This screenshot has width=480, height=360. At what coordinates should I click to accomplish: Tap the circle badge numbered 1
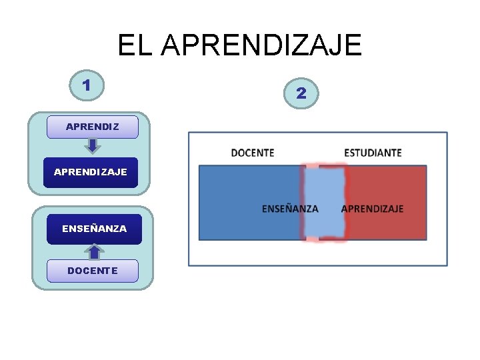coord(87,85)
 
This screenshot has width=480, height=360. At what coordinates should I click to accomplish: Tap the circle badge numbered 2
coord(301,93)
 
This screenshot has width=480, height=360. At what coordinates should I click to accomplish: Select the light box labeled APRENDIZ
coord(93,127)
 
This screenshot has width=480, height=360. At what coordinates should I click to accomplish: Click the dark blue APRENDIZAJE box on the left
coord(91,172)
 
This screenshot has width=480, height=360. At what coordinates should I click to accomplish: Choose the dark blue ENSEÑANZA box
coord(94,229)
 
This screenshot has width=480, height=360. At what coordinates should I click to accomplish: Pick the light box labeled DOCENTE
coord(93,271)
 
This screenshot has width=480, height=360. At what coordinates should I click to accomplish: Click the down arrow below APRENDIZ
coord(93,146)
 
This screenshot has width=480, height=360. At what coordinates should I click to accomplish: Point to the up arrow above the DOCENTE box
coord(94,251)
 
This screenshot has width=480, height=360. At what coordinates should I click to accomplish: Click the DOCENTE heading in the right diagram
coord(253,153)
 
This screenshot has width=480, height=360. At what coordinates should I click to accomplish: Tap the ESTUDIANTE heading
coord(373,153)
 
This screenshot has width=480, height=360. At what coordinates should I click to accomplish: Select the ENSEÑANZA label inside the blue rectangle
coord(290,209)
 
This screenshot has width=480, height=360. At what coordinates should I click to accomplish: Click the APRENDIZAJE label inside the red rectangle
coord(372,209)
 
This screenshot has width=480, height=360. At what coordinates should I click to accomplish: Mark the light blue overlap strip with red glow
coord(325,202)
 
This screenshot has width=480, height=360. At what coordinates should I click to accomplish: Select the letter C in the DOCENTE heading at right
coord(249,153)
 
